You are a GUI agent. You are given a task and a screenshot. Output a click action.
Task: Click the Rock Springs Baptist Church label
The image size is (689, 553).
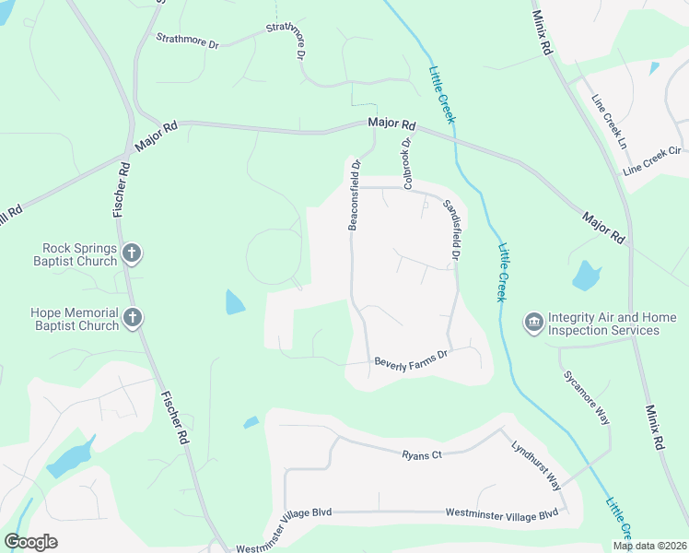click(79, 254)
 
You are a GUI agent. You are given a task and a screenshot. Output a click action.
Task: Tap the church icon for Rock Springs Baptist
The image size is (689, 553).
click(132, 253)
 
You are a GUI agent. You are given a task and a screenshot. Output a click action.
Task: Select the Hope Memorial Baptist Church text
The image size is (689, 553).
click(76, 319)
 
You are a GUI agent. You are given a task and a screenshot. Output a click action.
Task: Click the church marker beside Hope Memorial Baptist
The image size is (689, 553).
click(132, 319)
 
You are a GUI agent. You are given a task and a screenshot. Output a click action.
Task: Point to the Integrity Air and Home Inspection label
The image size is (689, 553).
click(613, 324)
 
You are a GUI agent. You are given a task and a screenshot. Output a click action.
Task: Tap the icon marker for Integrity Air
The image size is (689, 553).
click(533, 323)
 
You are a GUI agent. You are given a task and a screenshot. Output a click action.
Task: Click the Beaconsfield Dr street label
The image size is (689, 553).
click(353, 195)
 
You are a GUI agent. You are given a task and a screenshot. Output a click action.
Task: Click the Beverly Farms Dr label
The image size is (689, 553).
click(411, 359)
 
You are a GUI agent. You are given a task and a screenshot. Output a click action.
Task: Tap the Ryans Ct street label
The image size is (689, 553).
click(423, 454)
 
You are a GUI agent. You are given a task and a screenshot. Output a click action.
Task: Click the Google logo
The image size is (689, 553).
click(30, 542)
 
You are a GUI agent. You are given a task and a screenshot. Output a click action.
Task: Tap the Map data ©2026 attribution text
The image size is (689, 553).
click(649, 546)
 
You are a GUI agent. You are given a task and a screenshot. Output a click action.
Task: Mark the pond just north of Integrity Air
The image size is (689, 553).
click(586, 275)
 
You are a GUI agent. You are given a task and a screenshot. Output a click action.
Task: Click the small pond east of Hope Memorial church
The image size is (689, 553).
click(235, 302)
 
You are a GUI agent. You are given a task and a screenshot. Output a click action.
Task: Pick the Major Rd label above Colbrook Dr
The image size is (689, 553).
click(391, 124)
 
